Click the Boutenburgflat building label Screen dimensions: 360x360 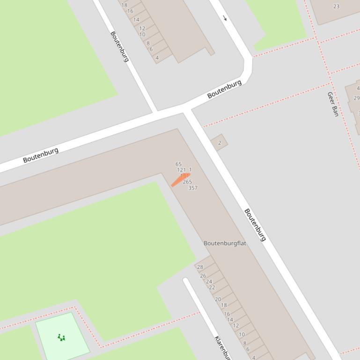(x=225, y=243)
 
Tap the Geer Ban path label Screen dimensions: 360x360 (x=332, y=104)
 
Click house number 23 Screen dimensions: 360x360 (x=336, y=7)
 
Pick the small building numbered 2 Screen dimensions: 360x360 (x=219, y=143)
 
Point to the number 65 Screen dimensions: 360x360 (x=178, y=164)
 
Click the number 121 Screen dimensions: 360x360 (x=181, y=170)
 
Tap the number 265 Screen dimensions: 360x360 (x=187, y=182)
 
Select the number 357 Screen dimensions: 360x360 (x=192, y=188)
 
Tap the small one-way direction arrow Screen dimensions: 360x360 (x=225, y=18)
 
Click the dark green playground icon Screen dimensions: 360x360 (x=61, y=337)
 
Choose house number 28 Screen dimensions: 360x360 (x=200, y=267)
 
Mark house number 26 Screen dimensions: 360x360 (x=203, y=276)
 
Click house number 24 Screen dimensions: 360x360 (x=209, y=281)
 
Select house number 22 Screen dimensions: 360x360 (x=212, y=288)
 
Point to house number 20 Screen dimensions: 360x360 (x=218, y=299)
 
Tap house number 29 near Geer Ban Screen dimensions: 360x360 (x=356, y=98)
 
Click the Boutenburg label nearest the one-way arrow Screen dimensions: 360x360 (x=224, y=89)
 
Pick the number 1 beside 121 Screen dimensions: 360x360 (x=190, y=170)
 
